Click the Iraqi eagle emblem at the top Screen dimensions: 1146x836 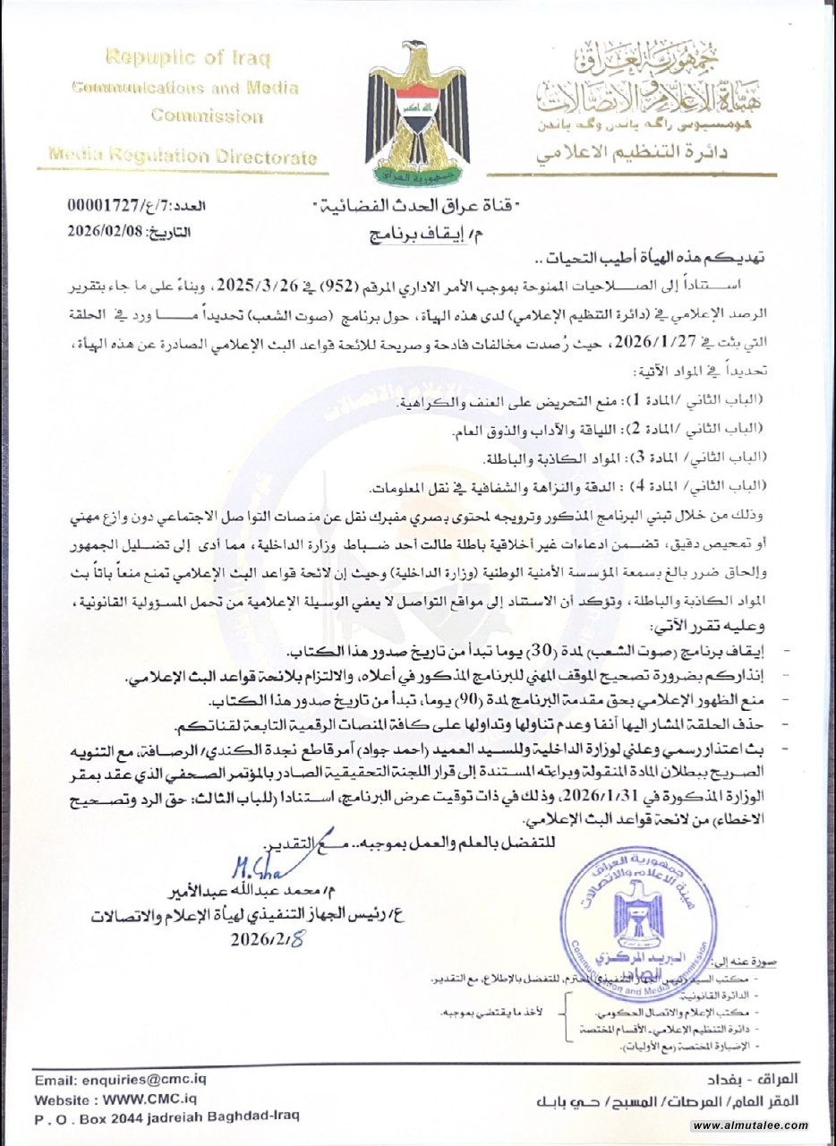click(x=418, y=112)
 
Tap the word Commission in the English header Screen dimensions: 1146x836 click(x=207, y=115)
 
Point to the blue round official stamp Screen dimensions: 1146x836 click(x=636, y=921)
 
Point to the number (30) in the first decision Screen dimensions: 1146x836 click(x=592, y=647)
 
